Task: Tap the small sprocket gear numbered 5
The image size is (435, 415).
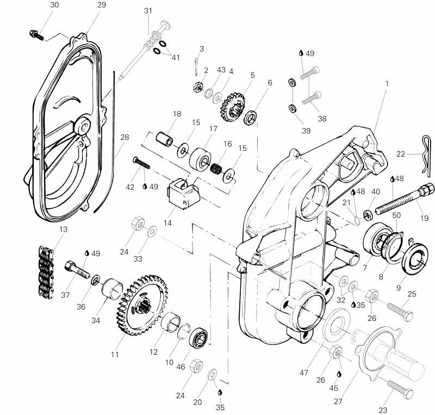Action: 233,107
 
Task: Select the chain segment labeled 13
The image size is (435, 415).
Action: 46,272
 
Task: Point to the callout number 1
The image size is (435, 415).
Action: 387,83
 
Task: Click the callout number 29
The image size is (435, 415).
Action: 102,5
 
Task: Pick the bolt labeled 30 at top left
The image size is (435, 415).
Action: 36,35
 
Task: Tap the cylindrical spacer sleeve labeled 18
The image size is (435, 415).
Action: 164,139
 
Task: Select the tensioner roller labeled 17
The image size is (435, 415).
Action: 201,158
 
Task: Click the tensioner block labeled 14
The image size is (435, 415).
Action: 183,194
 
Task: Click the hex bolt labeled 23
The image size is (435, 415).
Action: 400,389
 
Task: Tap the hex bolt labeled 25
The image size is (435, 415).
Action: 400,312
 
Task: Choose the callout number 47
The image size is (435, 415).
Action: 304,373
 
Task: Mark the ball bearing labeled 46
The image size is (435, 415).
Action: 198,337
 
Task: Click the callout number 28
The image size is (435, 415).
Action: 125,137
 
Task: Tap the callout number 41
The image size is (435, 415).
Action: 176,58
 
